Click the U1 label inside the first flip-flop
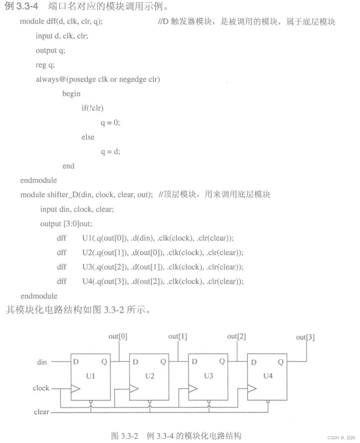coord(91,376)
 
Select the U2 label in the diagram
coord(150,376)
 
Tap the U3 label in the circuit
coord(208,376)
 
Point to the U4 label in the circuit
coord(268,376)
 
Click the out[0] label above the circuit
coord(118,337)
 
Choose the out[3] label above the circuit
coord(305,337)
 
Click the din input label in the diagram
coord(42,362)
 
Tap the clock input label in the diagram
coord(41,388)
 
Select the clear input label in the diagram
coord(41,412)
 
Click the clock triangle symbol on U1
coord(75,389)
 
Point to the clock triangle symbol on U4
coord(252,389)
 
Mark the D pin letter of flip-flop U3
coord(194,362)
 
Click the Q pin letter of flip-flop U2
coord(163,362)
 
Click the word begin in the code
coord(71,94)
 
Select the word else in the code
coord(88,137)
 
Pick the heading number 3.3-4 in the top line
coord(27,6)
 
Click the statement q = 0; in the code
coord(110,123)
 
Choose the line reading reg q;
coord(45,65)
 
